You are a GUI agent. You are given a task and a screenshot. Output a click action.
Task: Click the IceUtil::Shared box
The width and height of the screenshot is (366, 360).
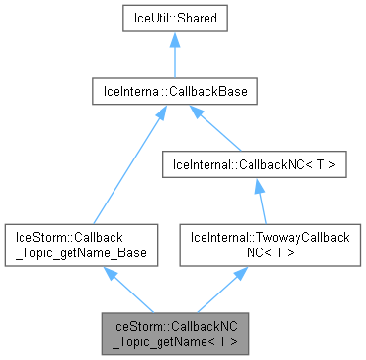click(x=174, y=18)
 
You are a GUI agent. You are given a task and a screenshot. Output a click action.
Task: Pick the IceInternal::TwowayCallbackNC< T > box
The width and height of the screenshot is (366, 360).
click(x=269, y=245)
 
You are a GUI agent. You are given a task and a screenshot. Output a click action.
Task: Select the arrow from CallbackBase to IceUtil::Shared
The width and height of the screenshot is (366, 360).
click(x=174, y=59)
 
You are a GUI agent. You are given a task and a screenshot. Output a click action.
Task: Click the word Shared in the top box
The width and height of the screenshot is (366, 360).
click(x=195, y=18)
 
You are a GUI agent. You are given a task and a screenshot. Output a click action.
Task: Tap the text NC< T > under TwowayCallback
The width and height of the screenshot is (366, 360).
click(x=269, y=251)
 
